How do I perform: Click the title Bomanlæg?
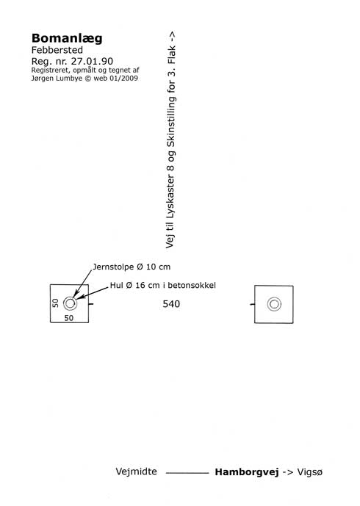(67, 39)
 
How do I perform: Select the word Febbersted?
(57, 50)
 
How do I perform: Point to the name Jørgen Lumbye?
(57, 79)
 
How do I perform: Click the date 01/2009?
(124, 78)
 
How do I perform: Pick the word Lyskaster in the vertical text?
(170, 196)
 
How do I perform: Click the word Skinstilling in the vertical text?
(170, 124)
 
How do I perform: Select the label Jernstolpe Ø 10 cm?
(132, 267)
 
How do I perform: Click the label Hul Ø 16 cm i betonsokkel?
(162, 285)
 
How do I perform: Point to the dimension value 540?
(171, 304)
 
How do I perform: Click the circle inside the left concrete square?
(70, 297)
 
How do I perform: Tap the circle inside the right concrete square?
(274, 298)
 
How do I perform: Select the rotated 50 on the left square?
(56, 303)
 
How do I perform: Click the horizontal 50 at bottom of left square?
(69, 318)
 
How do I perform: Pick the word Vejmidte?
(136, 471)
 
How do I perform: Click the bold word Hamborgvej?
(247, 472)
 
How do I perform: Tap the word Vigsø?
(309, 472)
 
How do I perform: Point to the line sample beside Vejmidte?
(187, 473)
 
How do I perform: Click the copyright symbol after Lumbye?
(88, 79)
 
